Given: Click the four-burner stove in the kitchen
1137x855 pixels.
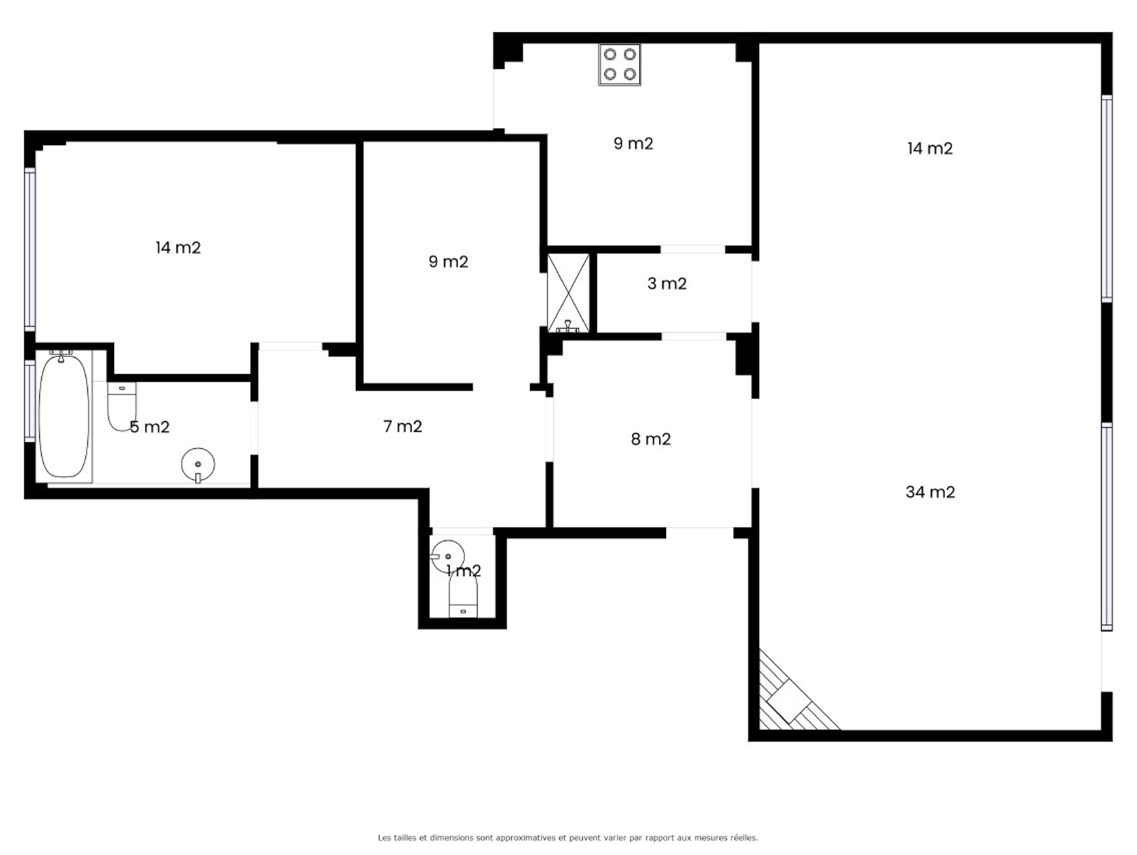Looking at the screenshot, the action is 620,65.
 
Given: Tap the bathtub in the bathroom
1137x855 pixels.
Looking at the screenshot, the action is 63,416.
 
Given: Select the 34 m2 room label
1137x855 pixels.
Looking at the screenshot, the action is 930,492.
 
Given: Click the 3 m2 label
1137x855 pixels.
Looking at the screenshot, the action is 667,284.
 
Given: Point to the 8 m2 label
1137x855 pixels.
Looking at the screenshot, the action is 650,439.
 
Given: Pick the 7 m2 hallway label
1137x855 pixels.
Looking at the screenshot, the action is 403,426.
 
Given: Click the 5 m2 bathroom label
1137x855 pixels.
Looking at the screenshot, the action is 150,427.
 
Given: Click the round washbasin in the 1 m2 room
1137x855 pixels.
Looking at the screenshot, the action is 447,556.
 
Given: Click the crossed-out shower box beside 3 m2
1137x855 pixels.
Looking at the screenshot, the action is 568,293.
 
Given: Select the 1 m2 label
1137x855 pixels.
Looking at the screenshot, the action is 464,571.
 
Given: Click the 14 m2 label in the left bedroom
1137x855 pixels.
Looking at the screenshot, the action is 177,247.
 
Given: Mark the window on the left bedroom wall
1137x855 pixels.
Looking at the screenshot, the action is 30,249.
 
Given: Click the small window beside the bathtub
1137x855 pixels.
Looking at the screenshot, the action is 30,401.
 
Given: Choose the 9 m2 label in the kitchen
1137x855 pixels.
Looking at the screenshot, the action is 633,143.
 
